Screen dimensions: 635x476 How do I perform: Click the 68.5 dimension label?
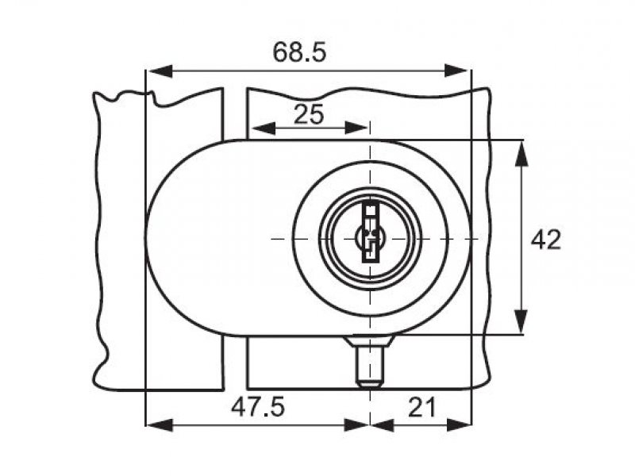tap(299, 52)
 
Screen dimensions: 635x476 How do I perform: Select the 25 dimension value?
tap(309, 114)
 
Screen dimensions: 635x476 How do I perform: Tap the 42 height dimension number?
tap(546, 240)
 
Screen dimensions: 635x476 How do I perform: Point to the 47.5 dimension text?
tap(258, 407)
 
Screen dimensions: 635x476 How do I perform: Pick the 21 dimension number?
tap(422, 407)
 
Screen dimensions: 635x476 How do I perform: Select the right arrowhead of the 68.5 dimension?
tap(458, 71)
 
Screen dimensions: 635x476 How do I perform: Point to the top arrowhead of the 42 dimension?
tap(521, 153)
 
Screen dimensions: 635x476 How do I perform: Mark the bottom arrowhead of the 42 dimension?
tap(521, 322)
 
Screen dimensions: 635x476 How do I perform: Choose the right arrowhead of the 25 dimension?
tap(356, 129)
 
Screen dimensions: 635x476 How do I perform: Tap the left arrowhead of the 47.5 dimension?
tap(159, 425)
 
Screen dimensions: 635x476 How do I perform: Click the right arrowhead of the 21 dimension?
tap(459, 425)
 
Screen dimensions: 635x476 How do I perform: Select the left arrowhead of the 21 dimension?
tap(383, 425)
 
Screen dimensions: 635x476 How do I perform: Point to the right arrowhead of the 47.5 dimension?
tap(356, 425)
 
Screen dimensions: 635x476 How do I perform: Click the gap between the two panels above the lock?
tap(235, 114)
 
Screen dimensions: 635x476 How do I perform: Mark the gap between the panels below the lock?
tap(235, 363)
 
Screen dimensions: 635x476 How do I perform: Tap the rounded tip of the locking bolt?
tap(370, 383)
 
